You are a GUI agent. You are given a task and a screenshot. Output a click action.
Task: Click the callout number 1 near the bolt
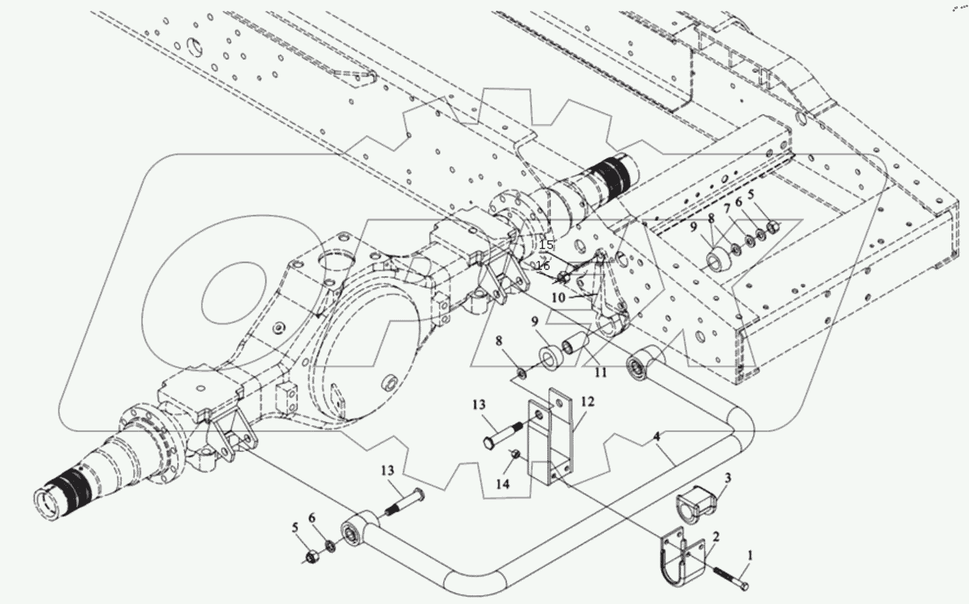coord(750,555)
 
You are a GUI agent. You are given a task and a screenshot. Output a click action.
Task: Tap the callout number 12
coord(588,402)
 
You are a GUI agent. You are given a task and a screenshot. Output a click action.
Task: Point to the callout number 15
coord(545,245)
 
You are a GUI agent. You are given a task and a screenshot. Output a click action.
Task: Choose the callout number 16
coord(543,265)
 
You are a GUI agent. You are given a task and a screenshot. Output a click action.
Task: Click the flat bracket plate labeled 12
coord(553,436)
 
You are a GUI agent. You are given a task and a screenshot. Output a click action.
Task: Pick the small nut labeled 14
coord(514,453)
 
